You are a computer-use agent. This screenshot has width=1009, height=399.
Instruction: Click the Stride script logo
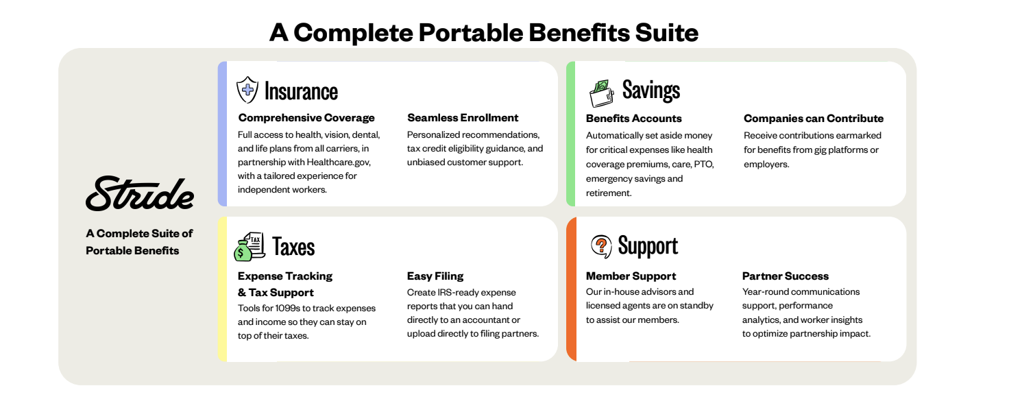(x=140, y=193)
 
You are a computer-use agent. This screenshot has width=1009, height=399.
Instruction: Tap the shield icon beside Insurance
(x=247, y=90)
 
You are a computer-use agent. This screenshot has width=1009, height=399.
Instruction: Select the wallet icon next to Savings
(x=602, y=93)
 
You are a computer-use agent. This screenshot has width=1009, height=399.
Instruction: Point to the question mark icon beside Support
(x=601, y=246)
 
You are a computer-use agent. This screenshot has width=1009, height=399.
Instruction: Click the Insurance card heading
(x=301, y=91)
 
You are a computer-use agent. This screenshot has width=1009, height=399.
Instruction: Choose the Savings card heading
(x=651, y=90)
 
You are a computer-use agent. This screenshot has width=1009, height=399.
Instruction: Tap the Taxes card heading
(x=293, y=247)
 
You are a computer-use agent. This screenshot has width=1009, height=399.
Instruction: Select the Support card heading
(x=648, y=246)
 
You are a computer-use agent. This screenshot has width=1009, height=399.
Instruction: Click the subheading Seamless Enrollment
(x=463, y=117)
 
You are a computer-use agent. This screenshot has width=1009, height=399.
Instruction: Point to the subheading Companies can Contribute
(x=814, y=119)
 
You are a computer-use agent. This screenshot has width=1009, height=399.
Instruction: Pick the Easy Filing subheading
(x=435, y=276)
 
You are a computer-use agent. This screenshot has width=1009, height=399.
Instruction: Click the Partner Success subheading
(x=785, y=276)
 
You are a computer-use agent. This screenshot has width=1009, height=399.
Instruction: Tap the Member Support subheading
(x=631, y=276)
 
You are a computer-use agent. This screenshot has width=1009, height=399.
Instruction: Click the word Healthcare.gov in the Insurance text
(x=339, y=162)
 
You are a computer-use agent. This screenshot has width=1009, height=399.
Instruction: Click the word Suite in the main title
(x=667, y=32)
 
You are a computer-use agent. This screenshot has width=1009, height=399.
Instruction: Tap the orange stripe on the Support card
(x=571, y=289)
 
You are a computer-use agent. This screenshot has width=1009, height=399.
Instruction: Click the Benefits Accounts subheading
(x=634, y=119)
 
